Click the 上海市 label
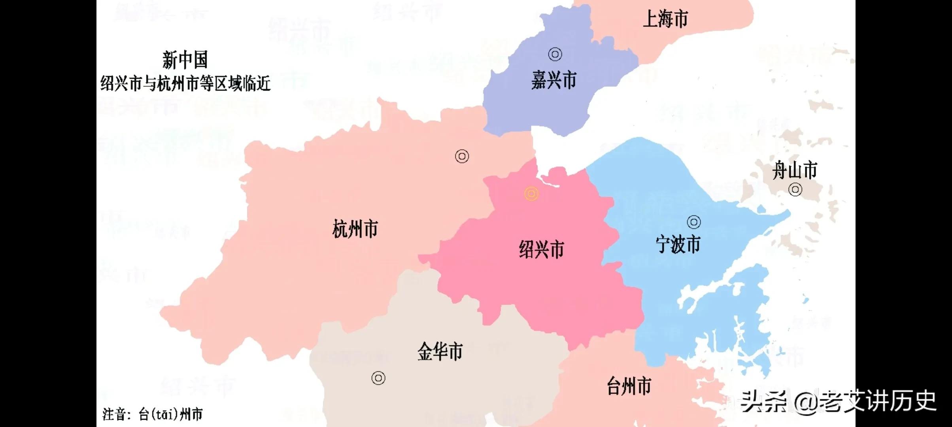[666, 19]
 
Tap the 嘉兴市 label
[553, 81]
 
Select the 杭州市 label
[355, 229]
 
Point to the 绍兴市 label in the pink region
[541, 249]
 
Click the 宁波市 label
[678, 244]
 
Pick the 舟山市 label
[795, 170]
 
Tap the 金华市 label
[440, 351]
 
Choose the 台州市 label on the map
[629, 386]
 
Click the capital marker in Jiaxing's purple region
[555, 54]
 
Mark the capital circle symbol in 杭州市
[462, 157]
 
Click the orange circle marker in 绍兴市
[531, 194]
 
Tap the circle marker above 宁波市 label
[694, 222]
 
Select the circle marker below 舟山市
[795, 190]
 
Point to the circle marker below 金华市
[378, 378]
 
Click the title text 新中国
[185, 60]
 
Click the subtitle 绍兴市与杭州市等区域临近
[185, 83]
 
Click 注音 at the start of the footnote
[114, 414]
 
